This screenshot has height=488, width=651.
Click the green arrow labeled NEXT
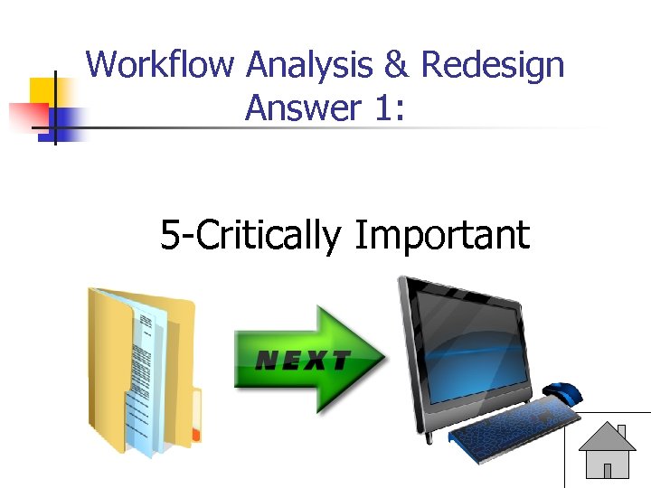click(307, 360)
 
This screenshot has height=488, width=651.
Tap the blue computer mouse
click(564, 393)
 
